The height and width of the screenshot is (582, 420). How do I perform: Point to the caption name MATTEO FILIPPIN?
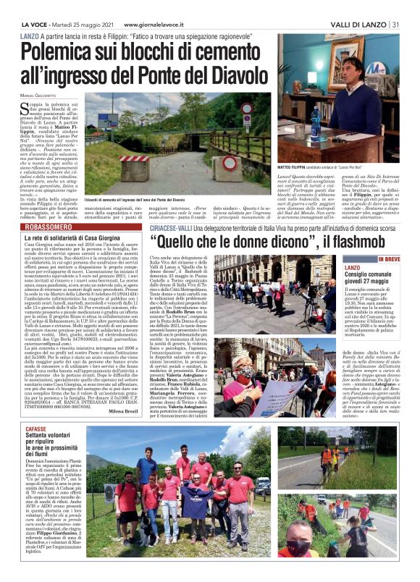297,167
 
